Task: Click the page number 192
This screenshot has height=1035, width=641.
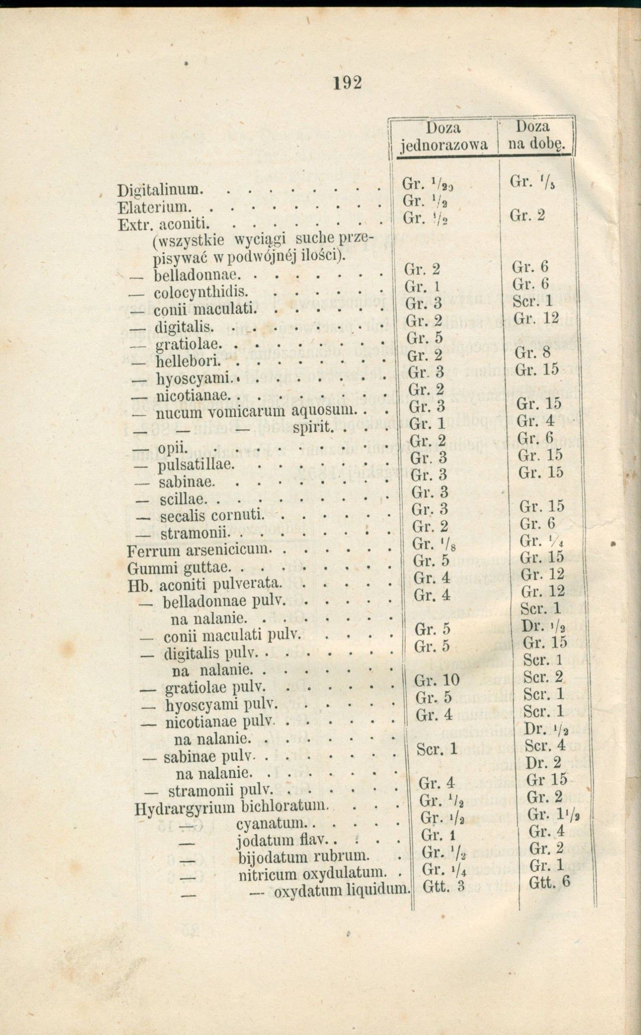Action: (348, 82)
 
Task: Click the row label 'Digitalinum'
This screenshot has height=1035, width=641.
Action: (157, 191)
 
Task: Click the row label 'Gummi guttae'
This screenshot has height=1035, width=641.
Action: (178, 568)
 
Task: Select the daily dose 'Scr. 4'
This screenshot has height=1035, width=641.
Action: (545, 745)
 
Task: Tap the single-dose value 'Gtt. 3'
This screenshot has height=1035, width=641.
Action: (437, 886)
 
